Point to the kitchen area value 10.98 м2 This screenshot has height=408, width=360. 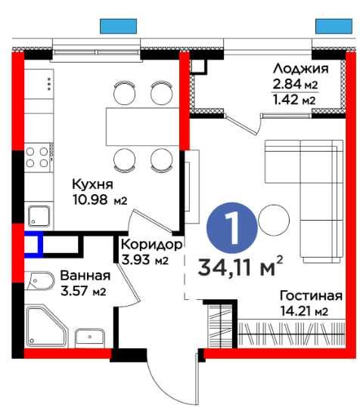[x=98, y=199]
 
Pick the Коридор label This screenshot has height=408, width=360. [x=152, y=246]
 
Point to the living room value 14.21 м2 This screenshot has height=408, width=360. [x=303, y=311]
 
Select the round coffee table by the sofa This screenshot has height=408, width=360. [x=273, y=221]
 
